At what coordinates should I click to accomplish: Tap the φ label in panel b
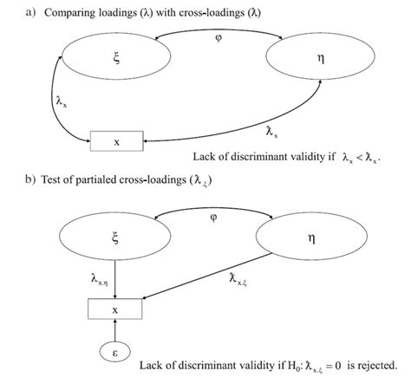click(213, 218)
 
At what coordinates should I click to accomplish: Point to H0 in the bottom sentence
click(264, 364)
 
